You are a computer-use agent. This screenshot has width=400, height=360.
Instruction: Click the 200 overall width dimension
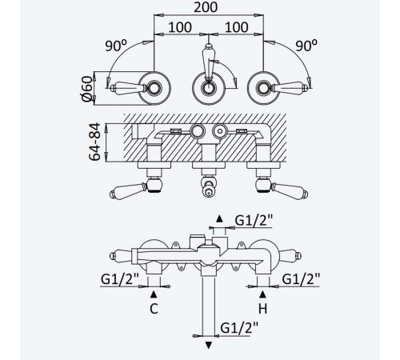[x=206, y=7]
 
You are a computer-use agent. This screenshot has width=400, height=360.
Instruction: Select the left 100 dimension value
[x=180, y=27]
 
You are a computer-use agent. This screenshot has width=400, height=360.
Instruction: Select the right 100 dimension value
[x=237, y=27]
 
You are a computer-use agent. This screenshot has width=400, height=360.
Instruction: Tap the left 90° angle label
[x=116, y=46]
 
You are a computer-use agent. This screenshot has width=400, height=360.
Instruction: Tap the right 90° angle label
[x=306, y=46]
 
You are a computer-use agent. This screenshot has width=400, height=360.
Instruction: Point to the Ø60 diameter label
[x=87, y=89]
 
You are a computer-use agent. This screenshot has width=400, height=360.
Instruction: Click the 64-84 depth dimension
[x=94, y=142]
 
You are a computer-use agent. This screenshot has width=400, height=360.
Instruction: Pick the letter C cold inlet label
[x=154, y=309]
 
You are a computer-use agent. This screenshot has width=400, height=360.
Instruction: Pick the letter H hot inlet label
[x=262, y=309]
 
